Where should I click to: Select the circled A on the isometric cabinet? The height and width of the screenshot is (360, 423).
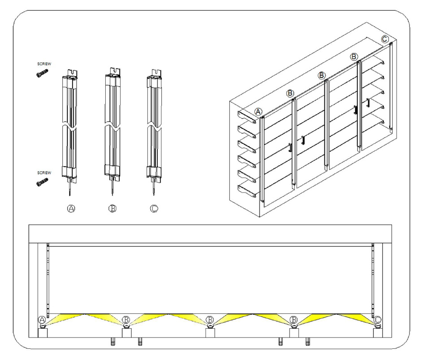(258, 111)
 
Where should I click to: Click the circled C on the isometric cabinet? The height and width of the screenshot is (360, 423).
(385, 39)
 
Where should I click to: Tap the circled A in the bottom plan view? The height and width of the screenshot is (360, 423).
(42, 320)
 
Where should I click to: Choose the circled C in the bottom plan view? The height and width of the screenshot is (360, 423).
(378, 320)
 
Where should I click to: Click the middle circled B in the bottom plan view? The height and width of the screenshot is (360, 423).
(210, 320)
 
